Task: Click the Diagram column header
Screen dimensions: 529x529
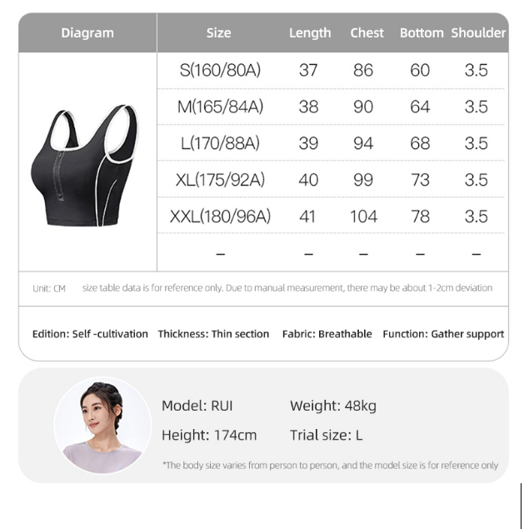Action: coord(87,33)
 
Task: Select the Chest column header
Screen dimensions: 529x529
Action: coord(367,33)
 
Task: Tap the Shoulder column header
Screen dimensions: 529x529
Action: coord(478,33)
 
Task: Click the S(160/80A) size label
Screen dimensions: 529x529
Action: coord(220,71)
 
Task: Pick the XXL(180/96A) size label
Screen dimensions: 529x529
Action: coord(220,217)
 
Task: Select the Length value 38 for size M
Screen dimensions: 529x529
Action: coord(308,107)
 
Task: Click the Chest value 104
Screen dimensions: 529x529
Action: coord(363,217)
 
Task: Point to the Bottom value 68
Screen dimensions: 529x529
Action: coord(420,143)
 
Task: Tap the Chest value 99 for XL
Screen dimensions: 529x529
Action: coord(363,180)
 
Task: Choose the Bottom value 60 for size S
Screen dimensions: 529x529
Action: coord(420,71)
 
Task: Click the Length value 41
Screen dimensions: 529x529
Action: coord(308,217)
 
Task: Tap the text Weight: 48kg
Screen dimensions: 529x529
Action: coord(333,407)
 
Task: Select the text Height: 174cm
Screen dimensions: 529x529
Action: coord(209,435)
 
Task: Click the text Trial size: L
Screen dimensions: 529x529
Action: coord(326,435)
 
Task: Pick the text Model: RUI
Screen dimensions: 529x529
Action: coord(197,407)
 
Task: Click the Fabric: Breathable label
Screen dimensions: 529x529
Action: coord(327,334)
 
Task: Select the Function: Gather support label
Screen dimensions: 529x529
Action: coord(443,334)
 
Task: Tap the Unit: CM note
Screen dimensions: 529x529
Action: coord(49,288)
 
